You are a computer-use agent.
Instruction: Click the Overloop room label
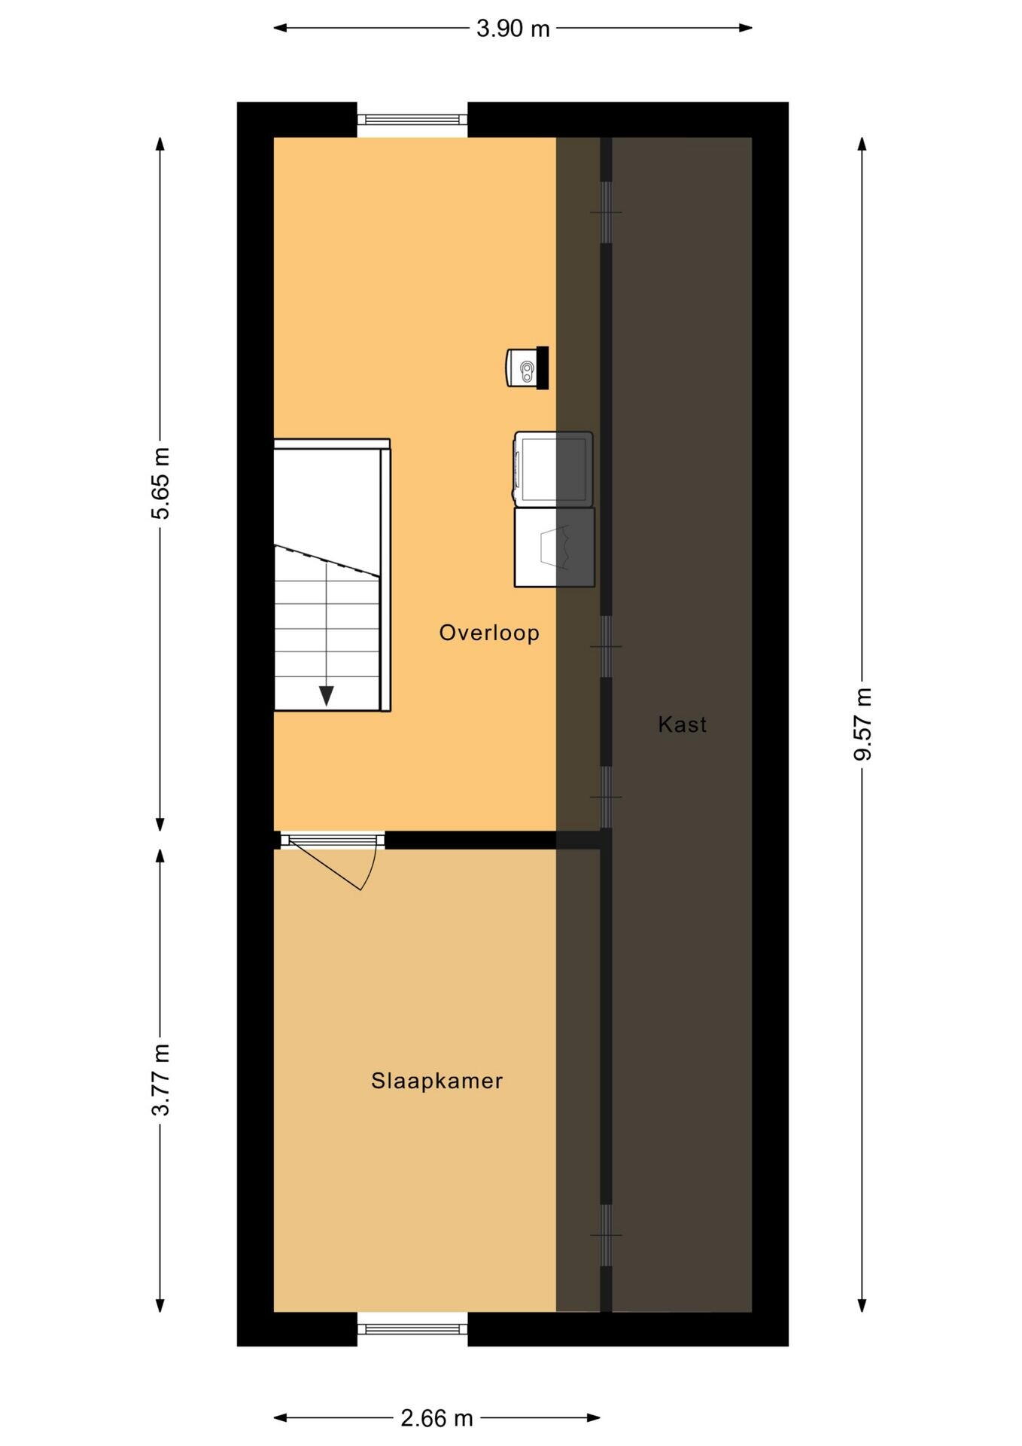489,633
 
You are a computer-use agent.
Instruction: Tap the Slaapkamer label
436,1081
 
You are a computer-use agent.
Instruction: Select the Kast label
683,725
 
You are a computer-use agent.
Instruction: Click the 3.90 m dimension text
513,29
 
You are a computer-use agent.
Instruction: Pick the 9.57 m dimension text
862,724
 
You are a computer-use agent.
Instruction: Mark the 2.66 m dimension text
437,1418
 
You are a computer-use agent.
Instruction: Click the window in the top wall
412,119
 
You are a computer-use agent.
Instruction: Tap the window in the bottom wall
412,1329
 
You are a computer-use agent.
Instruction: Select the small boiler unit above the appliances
527,368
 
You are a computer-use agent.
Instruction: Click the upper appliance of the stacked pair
553,468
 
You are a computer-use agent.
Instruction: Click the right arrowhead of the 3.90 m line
746,28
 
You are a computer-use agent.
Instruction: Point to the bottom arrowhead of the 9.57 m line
862,1305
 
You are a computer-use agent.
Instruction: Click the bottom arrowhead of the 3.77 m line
160,1305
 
